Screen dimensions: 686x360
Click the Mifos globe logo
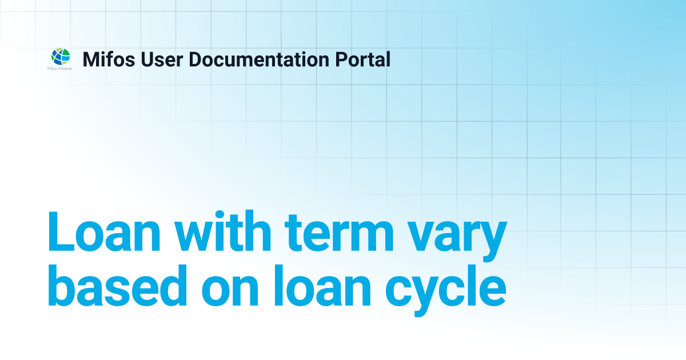tap(61, 57)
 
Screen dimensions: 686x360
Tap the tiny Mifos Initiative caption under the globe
tap(59, 68)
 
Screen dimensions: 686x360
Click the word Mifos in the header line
tap(109, 59)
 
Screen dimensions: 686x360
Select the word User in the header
tap(162, 59)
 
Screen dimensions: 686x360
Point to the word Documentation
tap(259, 59)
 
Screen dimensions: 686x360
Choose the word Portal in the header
tap(363, 59)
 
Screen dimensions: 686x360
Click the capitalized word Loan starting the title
tap(104, 232)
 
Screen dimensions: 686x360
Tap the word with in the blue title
tap(223, 231)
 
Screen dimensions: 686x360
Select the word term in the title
tap(339, 233)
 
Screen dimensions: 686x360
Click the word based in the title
tap(117, 285)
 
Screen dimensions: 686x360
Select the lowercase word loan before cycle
tap(323, 285)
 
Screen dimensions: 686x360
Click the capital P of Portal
tap(342, 59)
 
